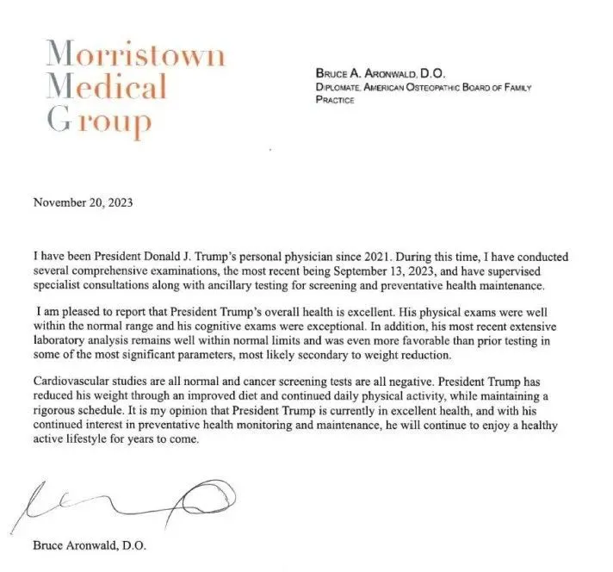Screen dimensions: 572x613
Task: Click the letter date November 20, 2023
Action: point(83,204)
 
